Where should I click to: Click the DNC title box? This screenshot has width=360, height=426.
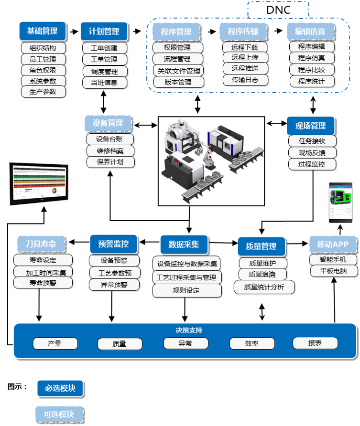tap(278, 10)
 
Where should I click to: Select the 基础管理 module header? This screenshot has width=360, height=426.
tap(42, 31)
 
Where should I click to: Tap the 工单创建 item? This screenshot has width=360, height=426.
tap(104, 48)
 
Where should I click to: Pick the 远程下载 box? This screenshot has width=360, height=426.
tap(245, 47)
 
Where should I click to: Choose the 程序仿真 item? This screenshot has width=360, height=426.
tap(312, 58)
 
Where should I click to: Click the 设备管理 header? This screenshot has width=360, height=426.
tap(108, 123)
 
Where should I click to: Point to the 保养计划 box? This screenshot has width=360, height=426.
tap(110, 162)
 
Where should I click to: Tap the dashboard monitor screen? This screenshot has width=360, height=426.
tap(39, 184)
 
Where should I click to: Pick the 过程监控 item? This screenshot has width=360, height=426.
tap(312, 164)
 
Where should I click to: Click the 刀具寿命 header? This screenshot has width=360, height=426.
tap(41, 244)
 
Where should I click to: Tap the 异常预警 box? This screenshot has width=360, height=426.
tap(114, 284)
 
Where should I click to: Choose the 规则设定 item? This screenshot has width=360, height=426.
tap(186, 290)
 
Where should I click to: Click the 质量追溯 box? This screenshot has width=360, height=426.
tap(262, 275)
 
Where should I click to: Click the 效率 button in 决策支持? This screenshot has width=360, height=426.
tap(251, 343)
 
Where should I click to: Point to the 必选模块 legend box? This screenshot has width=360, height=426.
tap(60, 388)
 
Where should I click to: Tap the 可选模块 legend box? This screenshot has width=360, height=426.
tap(59, 414)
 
